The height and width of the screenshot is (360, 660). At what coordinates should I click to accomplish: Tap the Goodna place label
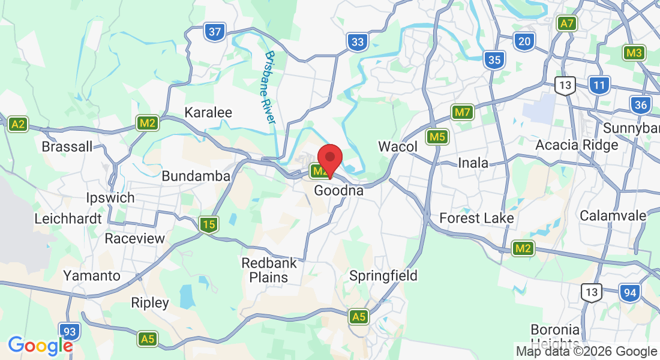339,191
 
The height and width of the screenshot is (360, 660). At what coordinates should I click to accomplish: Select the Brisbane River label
269,88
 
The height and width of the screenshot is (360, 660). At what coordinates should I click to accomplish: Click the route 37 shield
214,32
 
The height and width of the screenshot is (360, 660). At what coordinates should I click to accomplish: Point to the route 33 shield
357,41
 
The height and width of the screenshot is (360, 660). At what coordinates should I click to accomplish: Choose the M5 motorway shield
437,137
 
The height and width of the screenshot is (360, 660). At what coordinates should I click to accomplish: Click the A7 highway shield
566,24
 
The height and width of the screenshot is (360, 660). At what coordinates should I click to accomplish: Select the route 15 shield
208,225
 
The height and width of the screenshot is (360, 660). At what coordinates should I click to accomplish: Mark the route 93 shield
69,331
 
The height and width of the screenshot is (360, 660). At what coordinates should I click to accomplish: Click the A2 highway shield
19,124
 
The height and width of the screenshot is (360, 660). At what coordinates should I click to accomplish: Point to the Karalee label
208,112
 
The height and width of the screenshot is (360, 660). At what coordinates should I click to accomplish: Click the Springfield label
383,276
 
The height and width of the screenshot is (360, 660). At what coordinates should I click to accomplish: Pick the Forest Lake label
476,218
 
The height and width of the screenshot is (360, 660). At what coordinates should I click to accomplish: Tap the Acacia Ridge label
577,145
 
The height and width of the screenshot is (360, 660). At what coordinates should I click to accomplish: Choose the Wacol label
397,146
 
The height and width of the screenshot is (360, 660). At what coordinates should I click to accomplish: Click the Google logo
40,346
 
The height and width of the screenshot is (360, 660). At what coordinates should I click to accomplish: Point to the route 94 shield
629,292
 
